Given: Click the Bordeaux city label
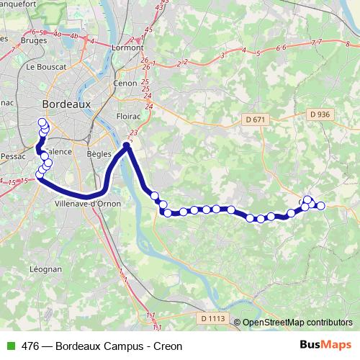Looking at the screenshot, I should (67, 104).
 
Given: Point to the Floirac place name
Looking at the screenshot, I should (129, 115).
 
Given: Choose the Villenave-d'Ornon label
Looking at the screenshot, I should (88, 204).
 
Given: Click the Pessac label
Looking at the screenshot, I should (14, 155).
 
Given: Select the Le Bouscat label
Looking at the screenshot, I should (46, 66).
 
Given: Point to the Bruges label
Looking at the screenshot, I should (34, 41).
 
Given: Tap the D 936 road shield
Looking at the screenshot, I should (319, 114).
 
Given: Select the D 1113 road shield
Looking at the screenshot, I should (213, 318).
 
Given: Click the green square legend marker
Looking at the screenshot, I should (9, 346).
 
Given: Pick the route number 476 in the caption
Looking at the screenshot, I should (31, 346).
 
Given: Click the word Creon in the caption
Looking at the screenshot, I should (168, 346).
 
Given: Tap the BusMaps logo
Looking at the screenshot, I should (325, 346).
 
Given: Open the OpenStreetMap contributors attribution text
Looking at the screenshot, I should (297, 323).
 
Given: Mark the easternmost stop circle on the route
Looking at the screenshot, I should (320, 206).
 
